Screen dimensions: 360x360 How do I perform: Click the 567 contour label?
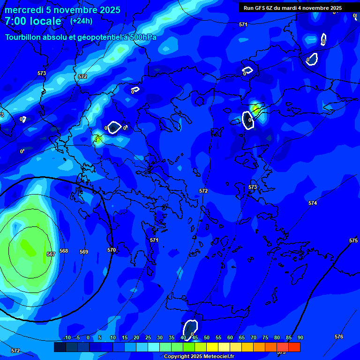51,254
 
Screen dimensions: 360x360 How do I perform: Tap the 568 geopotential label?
64,251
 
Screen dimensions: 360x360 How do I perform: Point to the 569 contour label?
84,252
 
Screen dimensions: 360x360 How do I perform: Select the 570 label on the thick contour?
112,250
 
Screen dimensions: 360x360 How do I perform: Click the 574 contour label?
313,203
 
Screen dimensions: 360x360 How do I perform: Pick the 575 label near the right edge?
353,240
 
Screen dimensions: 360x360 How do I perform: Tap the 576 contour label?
339,337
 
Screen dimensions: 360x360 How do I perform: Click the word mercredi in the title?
24,10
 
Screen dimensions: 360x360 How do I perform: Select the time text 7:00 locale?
33,21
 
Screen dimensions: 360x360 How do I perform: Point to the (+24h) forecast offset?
81,21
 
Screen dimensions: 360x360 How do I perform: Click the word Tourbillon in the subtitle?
22,37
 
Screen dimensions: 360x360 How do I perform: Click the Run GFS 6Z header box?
292,8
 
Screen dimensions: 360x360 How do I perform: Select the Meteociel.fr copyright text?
199,357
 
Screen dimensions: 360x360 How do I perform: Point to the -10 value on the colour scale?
67,337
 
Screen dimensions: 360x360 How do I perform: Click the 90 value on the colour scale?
300,337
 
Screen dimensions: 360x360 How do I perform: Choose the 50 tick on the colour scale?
207,337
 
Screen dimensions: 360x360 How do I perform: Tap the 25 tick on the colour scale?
148,337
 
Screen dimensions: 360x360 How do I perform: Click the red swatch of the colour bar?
294,347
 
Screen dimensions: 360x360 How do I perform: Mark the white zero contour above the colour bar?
190,327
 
